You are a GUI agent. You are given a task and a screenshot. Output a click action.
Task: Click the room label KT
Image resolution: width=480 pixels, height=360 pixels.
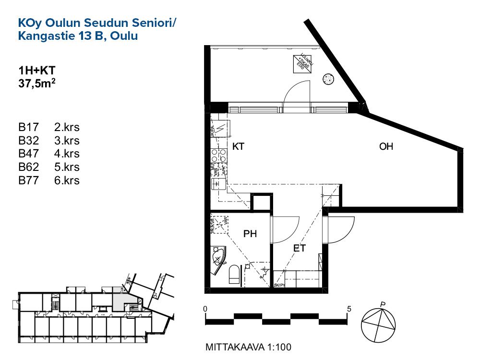[x=239, y=147]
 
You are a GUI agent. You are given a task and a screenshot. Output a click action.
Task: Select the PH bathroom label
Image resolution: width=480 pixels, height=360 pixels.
[x=250, y=234]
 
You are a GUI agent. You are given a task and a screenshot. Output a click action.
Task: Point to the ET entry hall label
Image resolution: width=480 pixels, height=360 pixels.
[x=300, y=248]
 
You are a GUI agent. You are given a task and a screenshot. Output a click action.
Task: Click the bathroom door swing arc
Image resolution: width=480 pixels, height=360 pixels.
[x=287, y=230]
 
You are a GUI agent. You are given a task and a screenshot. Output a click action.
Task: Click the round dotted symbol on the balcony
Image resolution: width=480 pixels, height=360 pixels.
[x=328, y=78]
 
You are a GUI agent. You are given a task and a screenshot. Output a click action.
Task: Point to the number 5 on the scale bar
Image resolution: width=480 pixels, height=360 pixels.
[x=349, y=309]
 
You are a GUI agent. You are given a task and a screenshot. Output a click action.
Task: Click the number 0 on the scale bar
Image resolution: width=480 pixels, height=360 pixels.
[x=205, y=309]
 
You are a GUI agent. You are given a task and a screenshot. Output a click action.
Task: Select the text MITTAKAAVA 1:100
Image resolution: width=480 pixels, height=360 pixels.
[x=248, y=347]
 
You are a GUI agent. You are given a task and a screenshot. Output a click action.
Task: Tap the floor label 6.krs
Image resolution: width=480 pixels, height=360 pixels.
[x=67, y=181]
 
